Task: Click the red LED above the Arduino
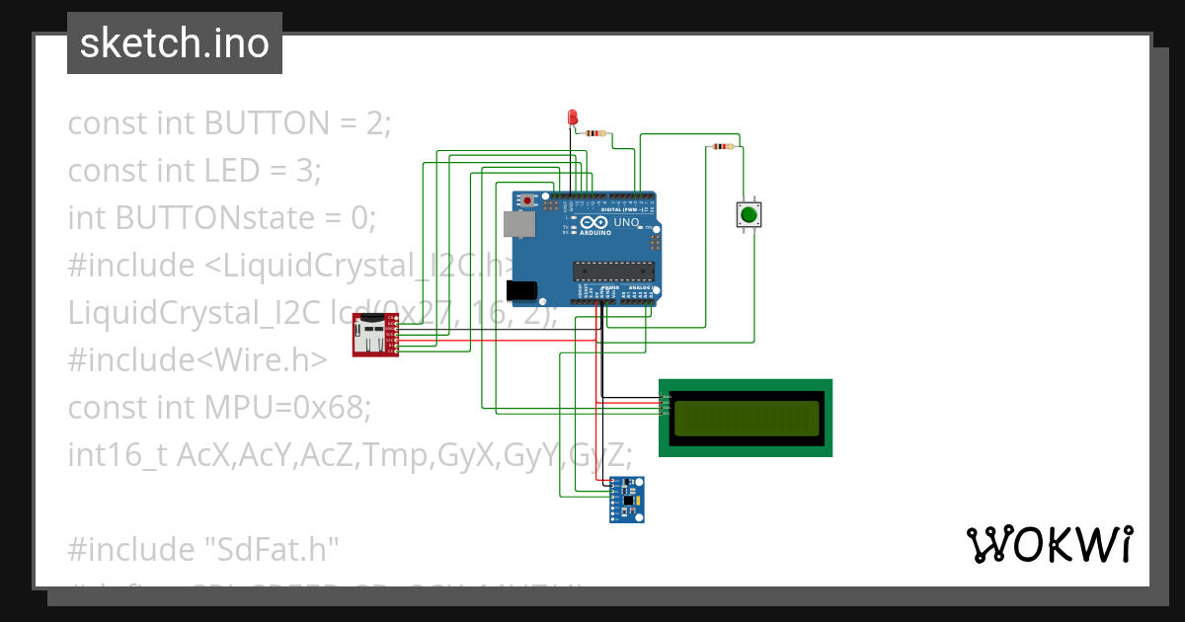click(x=572, y=117)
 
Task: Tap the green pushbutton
click(x=749, y=214)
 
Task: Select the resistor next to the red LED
click(x=595, y=132)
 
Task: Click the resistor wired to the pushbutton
click(x=723, y=147)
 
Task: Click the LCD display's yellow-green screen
click(x=746, y=418)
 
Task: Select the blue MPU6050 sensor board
click(x=627, y=499)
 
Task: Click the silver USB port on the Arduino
click(x=519, y=226)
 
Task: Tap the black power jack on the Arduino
click(x=520, y=290)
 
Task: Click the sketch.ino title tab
click(x=175, y=43)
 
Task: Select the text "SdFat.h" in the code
click(x=271, y=548)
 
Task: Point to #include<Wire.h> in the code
click(x=197, y=360)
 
